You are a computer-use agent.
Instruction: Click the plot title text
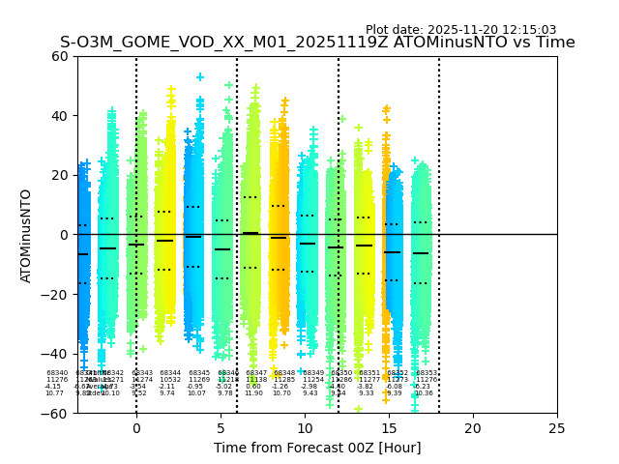coord(317,43)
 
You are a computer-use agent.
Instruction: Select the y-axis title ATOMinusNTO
coord(26,235)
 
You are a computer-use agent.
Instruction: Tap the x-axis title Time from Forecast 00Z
coord(317,448)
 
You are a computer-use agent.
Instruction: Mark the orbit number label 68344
coord(170,373)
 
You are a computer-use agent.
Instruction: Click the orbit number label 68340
coord(57,373)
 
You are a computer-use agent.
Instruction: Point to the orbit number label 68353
coord(427,373)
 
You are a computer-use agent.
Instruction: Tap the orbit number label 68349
coord(313,373)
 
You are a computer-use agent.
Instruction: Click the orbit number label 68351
coord(369,373)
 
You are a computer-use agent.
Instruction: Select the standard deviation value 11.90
coord(253,393)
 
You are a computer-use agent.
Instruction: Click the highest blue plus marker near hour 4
coord(200,77)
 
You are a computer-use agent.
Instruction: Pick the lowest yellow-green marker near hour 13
coord(358,409)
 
